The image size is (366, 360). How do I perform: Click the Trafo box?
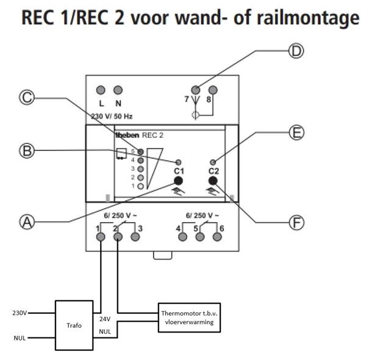coord(74,325)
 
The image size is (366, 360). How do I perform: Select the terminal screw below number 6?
coord(216,237)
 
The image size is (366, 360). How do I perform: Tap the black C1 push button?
coord(179,181)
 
